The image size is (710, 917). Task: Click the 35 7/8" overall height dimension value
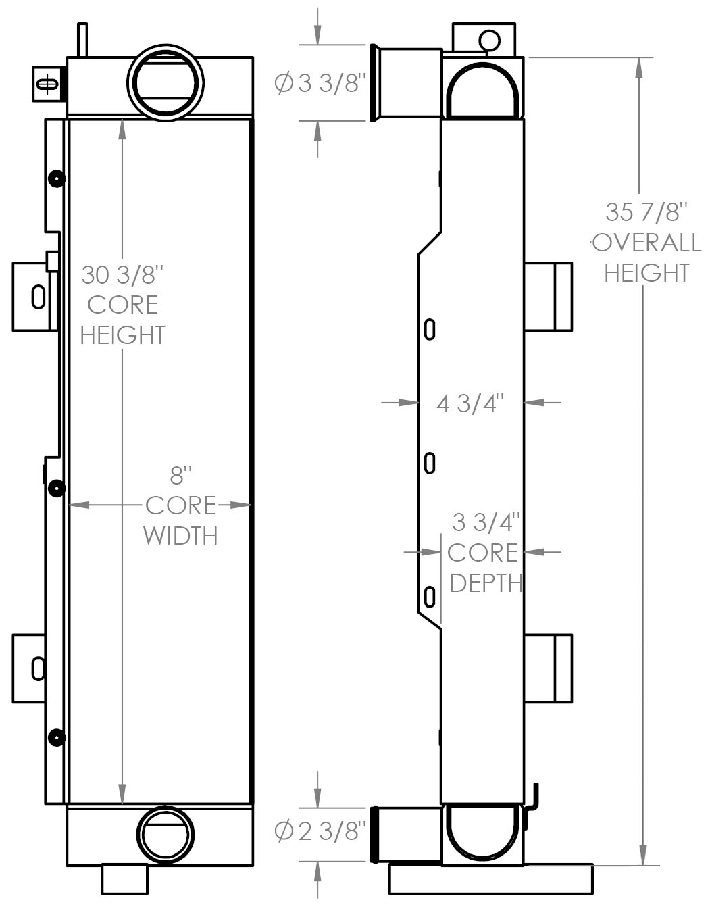[646, 212]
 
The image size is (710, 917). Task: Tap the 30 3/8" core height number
[122, 275]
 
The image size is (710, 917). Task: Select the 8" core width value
[181, 475]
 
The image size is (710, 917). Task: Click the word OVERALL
[646, 243]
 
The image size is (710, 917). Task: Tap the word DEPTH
[486, 584]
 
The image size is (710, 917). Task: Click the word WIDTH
[180, 536]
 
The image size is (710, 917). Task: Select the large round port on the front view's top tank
[166, 82]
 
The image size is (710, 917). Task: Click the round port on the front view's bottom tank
[166, 835]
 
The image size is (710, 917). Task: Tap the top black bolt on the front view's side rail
[57, 179]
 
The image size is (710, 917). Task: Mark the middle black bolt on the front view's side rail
[57, 489]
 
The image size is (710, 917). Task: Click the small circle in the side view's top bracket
[489, 41]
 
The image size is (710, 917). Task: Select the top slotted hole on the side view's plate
[430, 330]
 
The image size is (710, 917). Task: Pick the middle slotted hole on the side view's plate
[430, 463]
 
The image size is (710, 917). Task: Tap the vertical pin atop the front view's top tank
[82, 40]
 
